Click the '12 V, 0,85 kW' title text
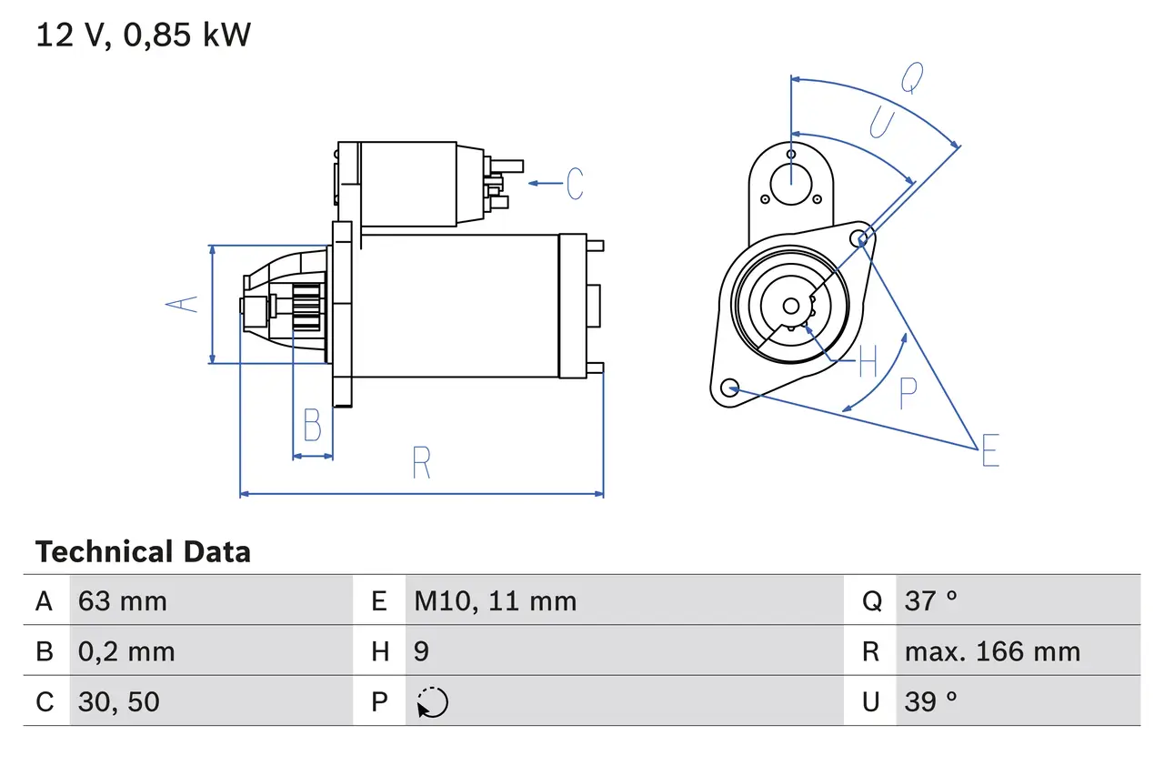tap(143, 35)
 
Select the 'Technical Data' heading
tap(143, 552)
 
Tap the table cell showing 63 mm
tap(123, 600)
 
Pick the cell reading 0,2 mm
tap(126, 651)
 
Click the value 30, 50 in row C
tap(119, 701)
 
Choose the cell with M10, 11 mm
tap(496, 600)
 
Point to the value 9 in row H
tap(422, 651)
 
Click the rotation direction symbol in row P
tap(432, 702)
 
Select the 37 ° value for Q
tap(931, 600)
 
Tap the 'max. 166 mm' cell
tap(992, 651)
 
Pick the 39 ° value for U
tap(931, 701)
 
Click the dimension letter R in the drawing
tap(421, 463)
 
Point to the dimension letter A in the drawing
tap(185, 304)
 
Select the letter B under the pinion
tap(312, 426)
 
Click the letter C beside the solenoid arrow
tap(575, 184)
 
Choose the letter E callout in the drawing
tap(990, 450)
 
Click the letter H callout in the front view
tap(868, 363)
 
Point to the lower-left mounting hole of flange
tap(728, 388)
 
